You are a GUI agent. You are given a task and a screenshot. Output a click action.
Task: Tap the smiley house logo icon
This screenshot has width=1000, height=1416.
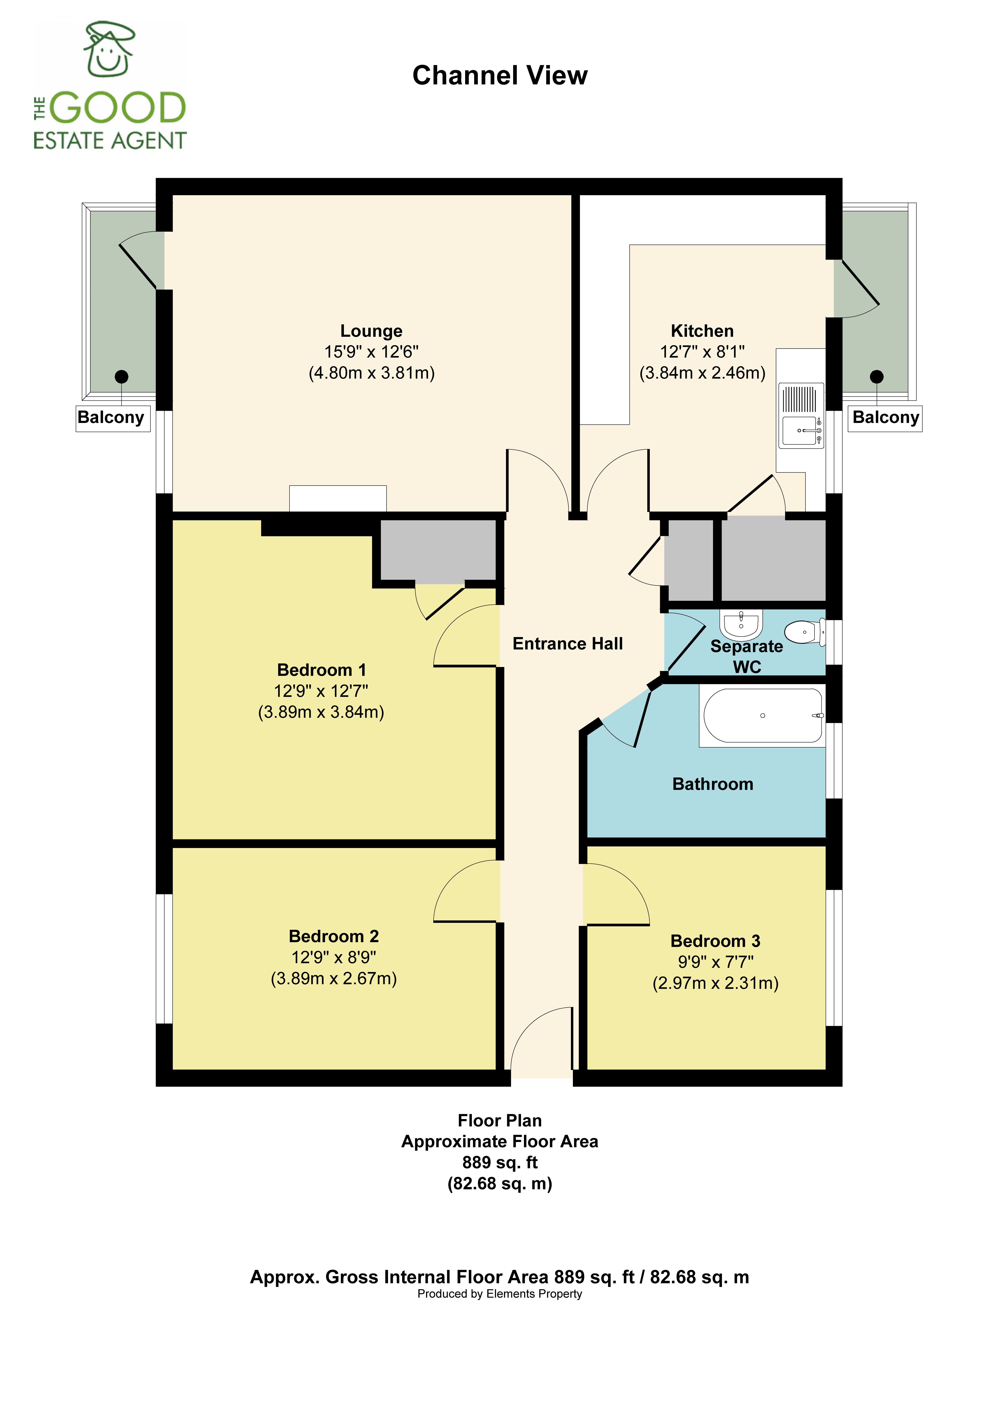(x=109, y=49)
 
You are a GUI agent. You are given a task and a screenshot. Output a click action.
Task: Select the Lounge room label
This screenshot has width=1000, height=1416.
(x=371, y=331)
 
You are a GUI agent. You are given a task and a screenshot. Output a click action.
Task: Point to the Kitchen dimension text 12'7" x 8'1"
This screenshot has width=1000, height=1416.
(x=702, y=352)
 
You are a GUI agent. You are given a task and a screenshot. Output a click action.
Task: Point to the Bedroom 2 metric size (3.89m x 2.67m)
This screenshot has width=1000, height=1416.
(x=334, y=979)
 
